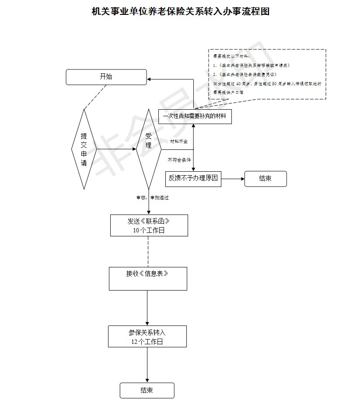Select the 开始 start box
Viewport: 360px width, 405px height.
click(x=106, y=77)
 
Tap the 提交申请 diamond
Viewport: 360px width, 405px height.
click(x=84, y=149)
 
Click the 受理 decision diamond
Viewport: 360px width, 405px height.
click(x=149, y=149)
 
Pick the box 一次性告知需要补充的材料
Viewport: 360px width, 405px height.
click(x=195, y=117)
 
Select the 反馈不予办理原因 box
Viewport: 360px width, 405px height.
click(x=193, y=179)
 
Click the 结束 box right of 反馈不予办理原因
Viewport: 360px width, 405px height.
click(x=266, y=179)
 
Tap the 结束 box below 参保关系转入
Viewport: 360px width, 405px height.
click(x=147, y=391)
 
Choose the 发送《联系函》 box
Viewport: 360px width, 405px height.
click(x=149, y=225)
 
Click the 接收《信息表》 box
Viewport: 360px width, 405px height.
click(x=148, y=278)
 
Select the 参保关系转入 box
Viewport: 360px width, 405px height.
click(x=147, y=336)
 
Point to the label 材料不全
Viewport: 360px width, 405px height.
click(x=178, y=142)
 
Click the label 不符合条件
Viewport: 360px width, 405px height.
click(x=179, y=160)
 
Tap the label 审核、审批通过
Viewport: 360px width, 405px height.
click(x=153, y=198)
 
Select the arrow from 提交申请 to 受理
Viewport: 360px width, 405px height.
click(x=116, y=149)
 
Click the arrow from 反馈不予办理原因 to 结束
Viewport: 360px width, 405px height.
click(x=233, y=179)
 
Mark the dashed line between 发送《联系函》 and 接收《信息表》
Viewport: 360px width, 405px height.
click(x=148, y=252)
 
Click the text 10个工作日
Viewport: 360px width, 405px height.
click(x=149, y=231)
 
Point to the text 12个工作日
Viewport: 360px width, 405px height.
click(x=147, y=342)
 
